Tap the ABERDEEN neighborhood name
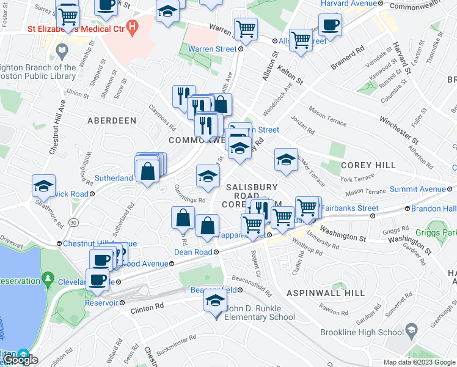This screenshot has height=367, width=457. (112, 120)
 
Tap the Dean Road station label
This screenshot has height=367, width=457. (192, 252)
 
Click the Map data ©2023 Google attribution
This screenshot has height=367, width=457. (419, 362)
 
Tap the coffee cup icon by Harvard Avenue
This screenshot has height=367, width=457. (330, 25)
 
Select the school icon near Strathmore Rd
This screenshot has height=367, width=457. (44, 185)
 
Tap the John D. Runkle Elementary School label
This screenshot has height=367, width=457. (260, 313)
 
